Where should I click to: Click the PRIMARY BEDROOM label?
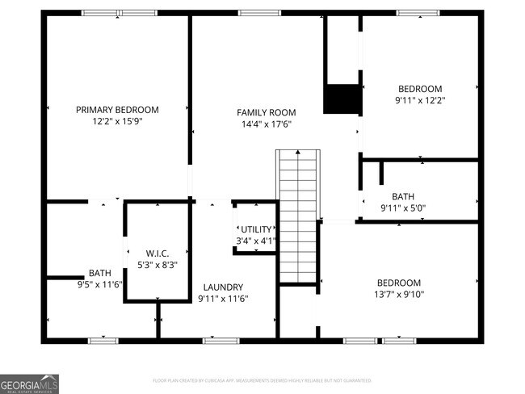117,110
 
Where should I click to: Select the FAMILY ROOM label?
266,112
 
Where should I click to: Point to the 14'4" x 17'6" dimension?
266,124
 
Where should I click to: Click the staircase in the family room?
298,214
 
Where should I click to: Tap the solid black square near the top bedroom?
341,98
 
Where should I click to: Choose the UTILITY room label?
257,229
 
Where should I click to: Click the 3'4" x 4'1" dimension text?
257,241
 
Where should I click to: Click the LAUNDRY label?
223,287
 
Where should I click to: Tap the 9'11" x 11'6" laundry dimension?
223,299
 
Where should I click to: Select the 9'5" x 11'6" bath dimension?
99,284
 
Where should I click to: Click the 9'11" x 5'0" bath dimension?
414,208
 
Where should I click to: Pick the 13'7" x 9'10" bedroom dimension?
399,294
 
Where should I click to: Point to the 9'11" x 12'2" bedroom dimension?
420,100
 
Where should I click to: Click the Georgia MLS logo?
30,383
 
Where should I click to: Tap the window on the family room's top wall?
259,13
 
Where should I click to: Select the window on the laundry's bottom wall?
220,341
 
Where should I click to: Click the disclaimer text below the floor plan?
262,379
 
